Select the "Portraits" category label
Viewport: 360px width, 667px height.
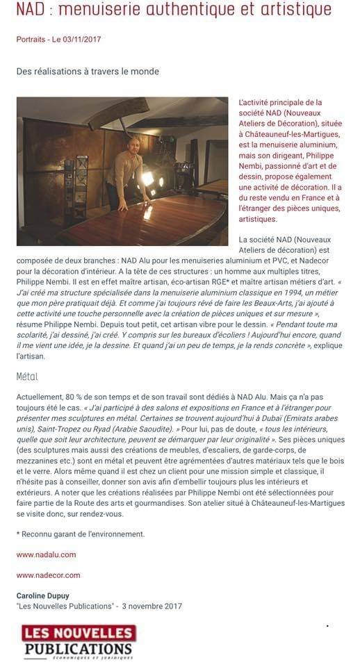tap(33, 40)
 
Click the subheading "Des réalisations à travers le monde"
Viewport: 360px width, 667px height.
tap(88, 71)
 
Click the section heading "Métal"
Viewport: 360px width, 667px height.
tap(27, 377)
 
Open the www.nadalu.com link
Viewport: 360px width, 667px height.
tap(46, 554)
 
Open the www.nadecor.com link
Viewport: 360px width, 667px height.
tap(48, 575)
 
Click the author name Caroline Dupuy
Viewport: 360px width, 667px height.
tap(42, 595)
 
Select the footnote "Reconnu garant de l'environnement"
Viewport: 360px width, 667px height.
tap(83, 534)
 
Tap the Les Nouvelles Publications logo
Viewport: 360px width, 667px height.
tap(77, 641)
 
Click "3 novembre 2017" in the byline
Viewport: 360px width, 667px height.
tap(152, 606)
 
